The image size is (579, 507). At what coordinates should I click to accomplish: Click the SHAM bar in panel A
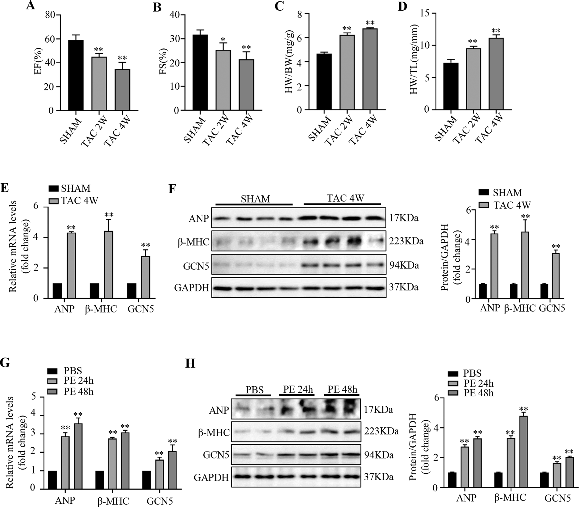point(74,76)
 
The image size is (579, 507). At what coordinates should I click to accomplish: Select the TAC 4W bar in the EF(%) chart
point(122,90)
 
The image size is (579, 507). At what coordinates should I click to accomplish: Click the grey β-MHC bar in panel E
point(109,265)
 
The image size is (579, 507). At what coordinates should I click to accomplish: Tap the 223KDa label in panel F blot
point(405,241)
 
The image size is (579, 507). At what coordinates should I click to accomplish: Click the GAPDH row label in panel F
point(191,287)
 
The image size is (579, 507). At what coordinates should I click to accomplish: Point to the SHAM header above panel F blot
point(255,198)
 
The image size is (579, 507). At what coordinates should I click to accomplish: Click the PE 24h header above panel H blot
point(298,389)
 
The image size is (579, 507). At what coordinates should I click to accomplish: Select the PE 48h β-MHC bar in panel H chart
point(523,452)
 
